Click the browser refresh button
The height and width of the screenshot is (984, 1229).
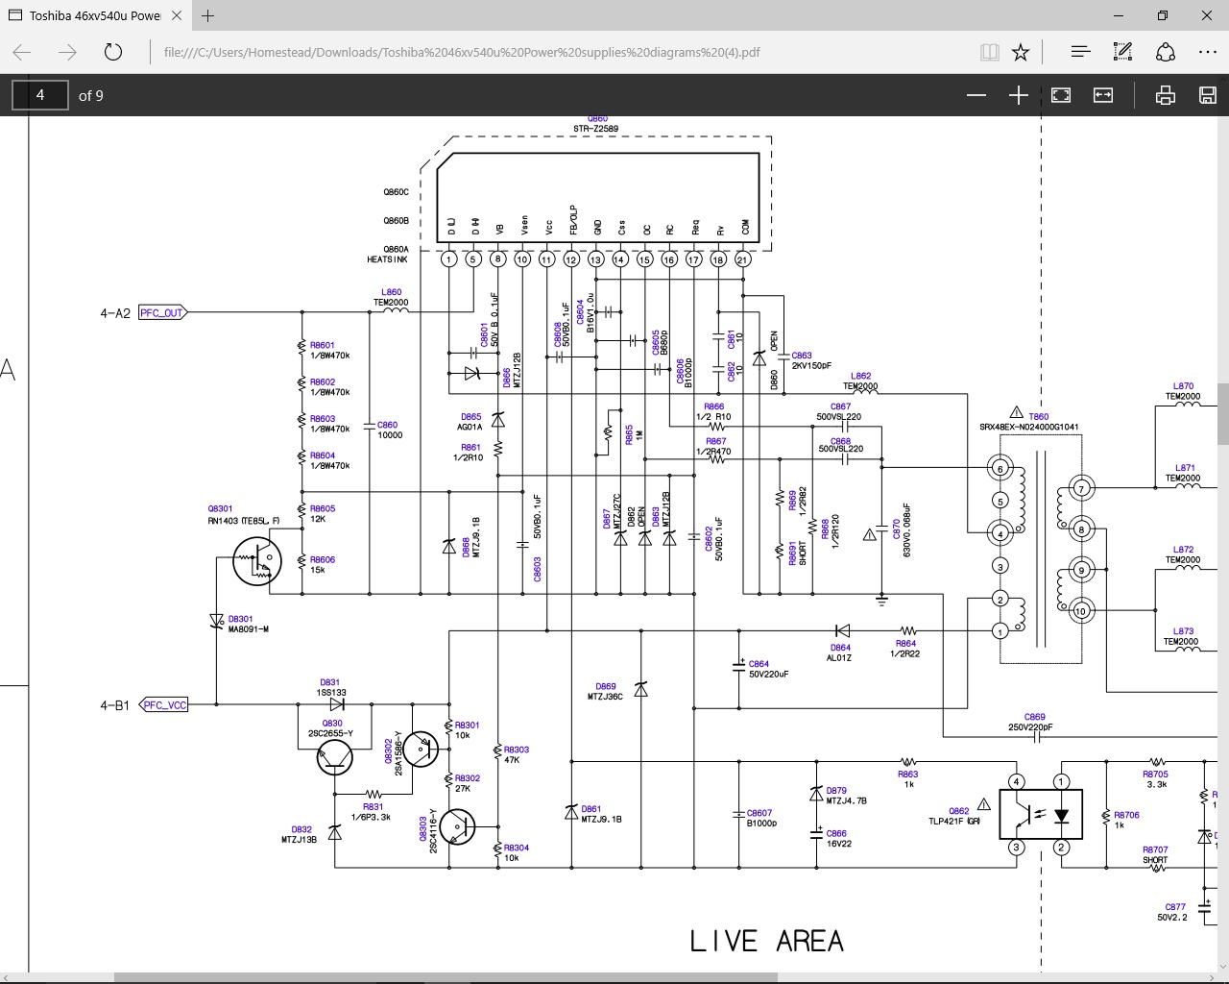113,52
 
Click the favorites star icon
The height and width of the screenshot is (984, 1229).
1021,52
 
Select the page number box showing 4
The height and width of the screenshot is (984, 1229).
40,95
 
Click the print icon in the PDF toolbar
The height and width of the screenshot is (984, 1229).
1165,95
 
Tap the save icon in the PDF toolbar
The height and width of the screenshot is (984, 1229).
1208,95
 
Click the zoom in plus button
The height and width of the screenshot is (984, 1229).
1019,95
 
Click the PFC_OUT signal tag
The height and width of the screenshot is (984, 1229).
161,312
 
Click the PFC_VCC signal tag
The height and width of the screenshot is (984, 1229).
164,704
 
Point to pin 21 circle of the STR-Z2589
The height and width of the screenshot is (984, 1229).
742,259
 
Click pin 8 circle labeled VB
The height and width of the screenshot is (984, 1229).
497,259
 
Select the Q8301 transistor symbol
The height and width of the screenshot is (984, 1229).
257,561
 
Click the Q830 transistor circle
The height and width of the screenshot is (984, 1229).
335,757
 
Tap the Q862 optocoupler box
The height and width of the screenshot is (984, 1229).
1041,814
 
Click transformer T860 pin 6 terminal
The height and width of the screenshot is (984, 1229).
1000,469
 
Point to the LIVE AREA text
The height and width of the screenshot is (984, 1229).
766,942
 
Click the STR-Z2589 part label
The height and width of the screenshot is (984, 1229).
595,129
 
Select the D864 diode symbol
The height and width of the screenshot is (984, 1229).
842,631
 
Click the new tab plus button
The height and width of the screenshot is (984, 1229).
208,15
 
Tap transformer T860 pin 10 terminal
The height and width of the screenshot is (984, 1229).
1081,611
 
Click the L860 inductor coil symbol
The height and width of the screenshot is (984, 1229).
391,311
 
